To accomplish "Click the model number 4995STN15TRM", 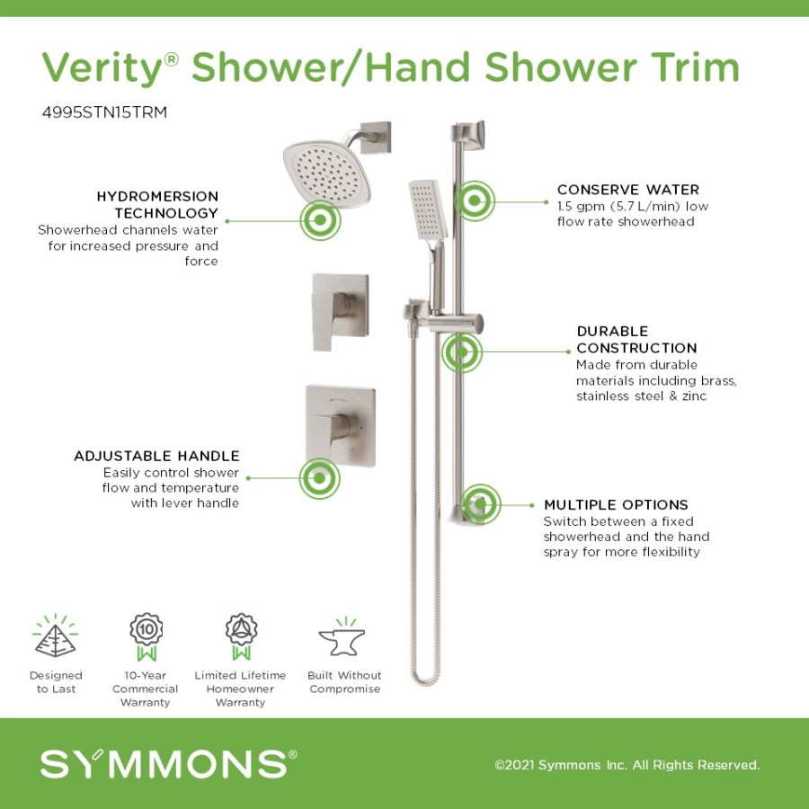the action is [105, 112].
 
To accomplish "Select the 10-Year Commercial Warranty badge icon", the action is [146, 636].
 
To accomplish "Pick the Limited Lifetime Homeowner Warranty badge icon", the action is [241, 636].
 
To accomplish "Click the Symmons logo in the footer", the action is [169, 763].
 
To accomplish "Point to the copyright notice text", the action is [627, 765].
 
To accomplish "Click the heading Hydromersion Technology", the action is [157, 204].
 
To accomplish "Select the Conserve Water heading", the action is [628, 190].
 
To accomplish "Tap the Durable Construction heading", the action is [636, 340].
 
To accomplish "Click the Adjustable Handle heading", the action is [156, 456].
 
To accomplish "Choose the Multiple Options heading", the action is [616, 504].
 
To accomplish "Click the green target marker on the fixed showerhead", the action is [320, 220].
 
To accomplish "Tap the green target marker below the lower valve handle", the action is [319, 478].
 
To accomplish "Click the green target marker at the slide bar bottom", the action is [480, 504].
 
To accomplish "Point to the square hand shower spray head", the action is [428, 210].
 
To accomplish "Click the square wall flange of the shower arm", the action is [375, 138].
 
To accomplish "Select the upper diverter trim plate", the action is [341, 312].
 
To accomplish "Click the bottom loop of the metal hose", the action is [426, 677].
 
